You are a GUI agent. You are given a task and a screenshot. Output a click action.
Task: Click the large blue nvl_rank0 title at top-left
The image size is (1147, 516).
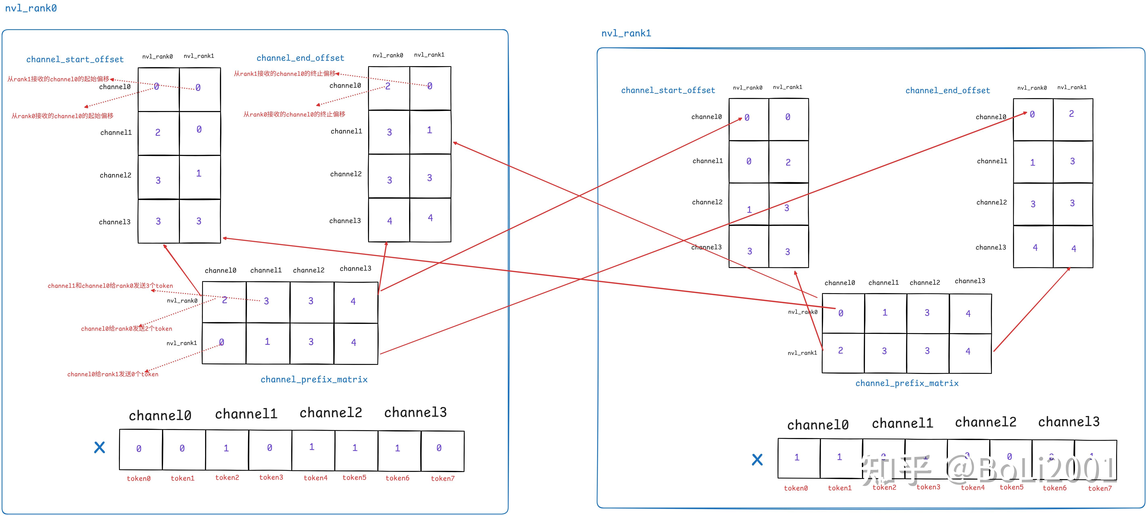pos(31,8)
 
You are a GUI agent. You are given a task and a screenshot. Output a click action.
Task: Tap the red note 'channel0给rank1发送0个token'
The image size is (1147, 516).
pos(113,374)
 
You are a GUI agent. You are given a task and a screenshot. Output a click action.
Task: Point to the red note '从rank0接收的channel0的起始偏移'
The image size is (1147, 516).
pos(62,116)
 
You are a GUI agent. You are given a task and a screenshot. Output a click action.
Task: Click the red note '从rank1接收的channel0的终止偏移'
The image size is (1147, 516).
pos(285,73)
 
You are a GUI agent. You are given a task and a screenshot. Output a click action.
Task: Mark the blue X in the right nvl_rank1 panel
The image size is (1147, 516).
pos(757,460)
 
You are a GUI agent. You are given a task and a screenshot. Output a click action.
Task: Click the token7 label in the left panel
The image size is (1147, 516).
pos(443,478)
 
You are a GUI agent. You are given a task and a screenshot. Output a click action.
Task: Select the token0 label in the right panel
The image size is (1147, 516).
pos(796,488)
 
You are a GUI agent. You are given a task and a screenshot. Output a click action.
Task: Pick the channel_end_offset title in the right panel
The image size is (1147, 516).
pos(947,90)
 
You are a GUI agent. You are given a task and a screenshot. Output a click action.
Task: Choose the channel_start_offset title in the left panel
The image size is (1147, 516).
pos(75,59)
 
